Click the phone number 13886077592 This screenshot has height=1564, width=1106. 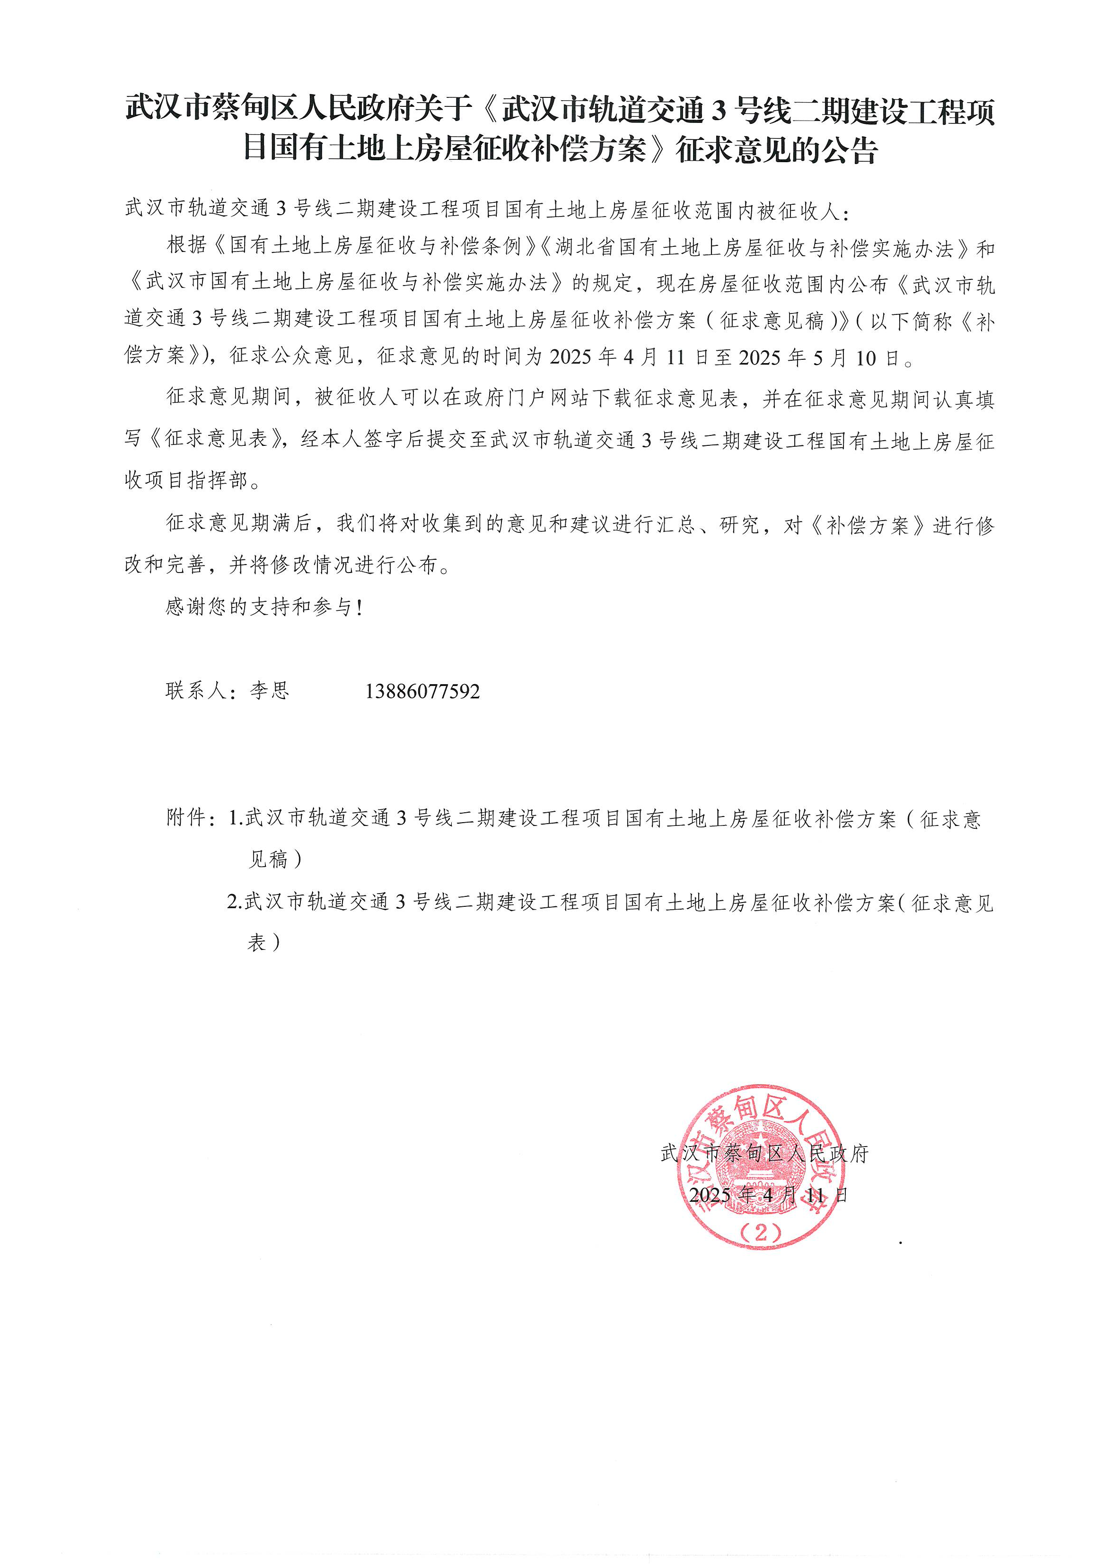422,692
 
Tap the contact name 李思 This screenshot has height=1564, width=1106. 270,691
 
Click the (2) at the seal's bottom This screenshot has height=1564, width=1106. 761,1232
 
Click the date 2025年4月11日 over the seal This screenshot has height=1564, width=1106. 768,1195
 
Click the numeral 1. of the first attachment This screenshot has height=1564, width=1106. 236,818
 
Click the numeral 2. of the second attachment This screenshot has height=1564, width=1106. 235,903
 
